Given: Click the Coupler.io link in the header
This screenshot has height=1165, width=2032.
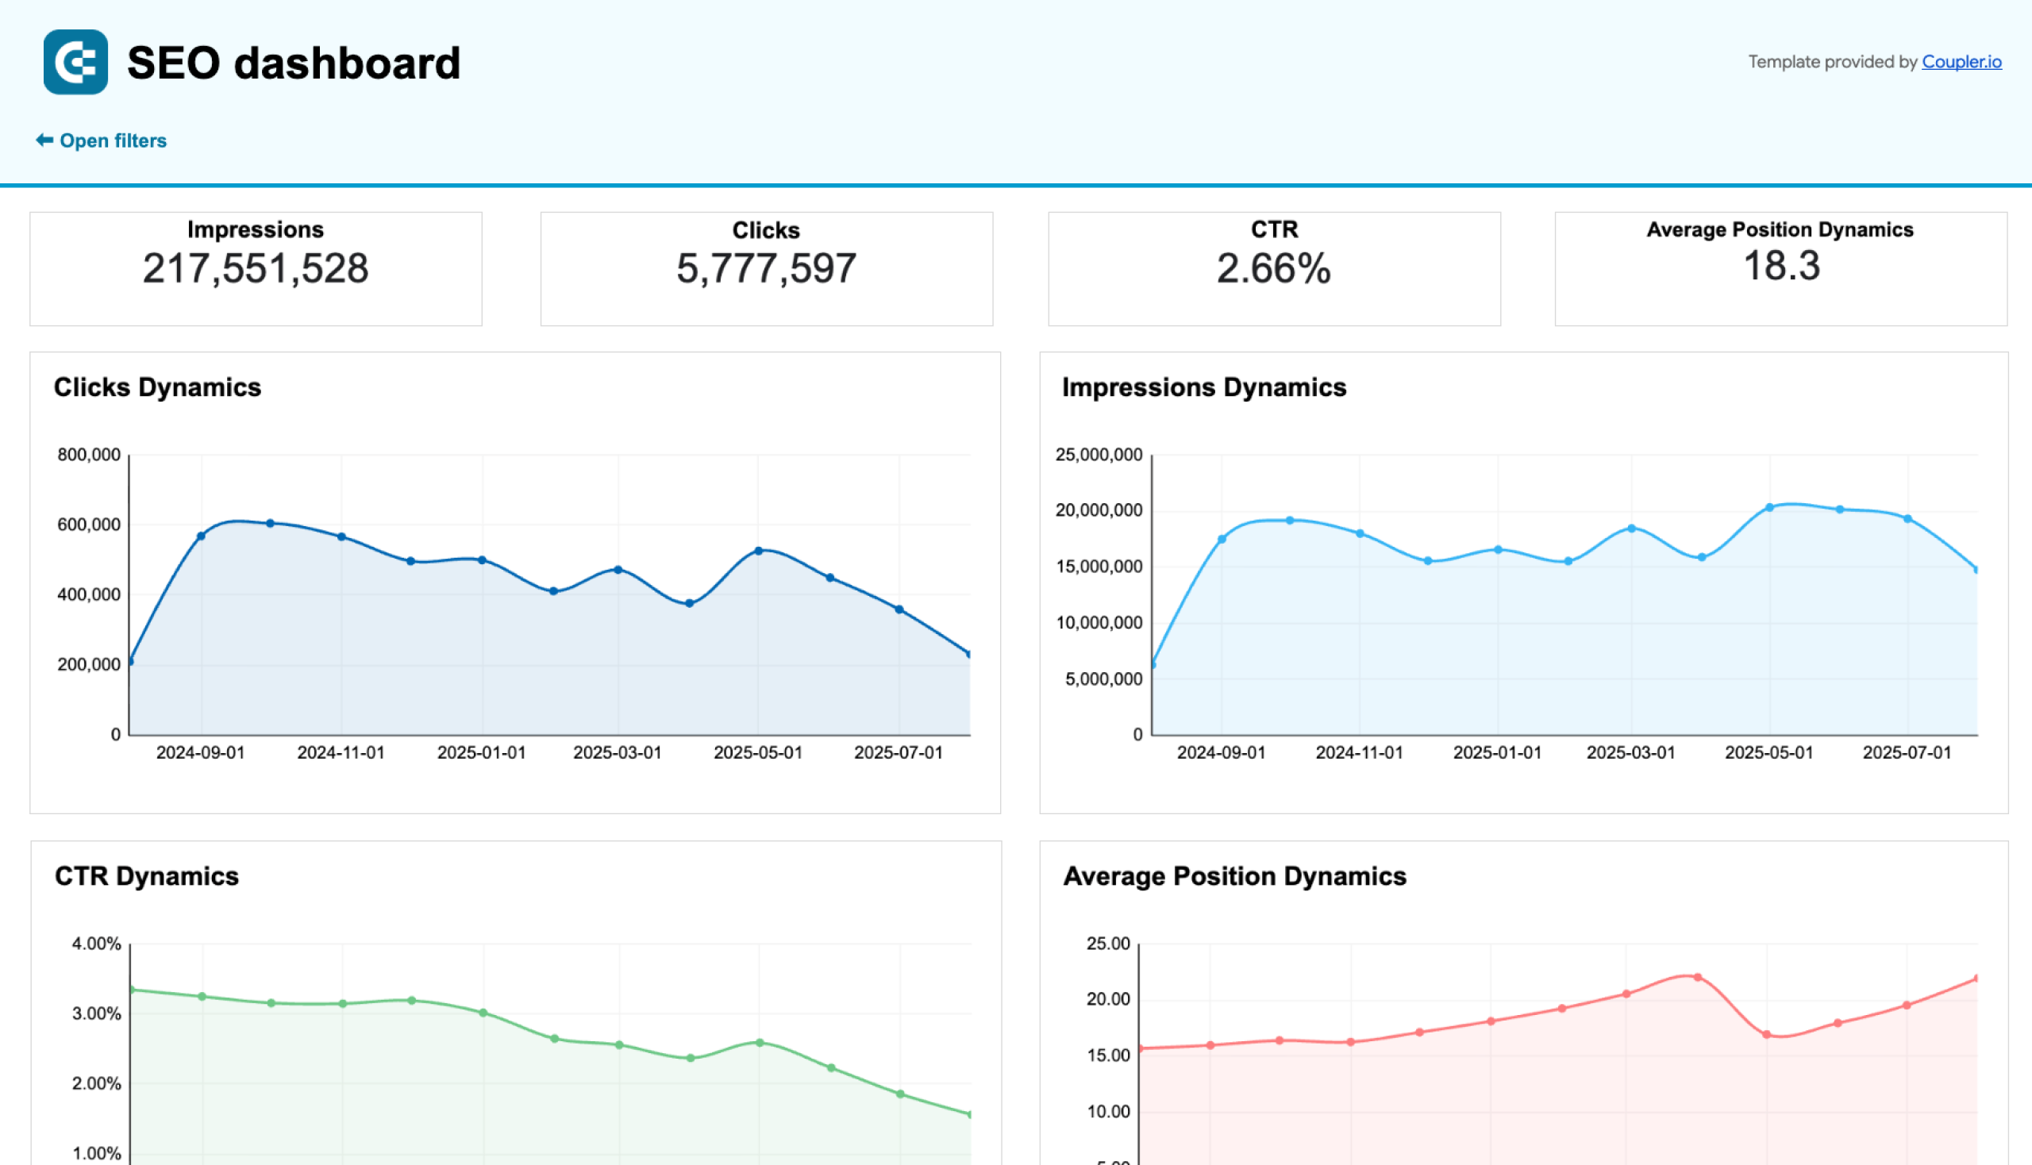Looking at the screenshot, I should click(1961, 62).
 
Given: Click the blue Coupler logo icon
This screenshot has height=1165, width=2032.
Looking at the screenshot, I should click(75, 63).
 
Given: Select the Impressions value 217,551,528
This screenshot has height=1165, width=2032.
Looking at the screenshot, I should click(256, 268).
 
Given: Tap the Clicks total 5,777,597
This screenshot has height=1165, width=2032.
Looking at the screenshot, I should click(766, 268).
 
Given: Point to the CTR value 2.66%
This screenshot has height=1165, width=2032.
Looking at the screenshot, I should click(1273, 268).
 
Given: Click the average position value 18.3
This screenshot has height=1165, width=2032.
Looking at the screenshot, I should click(1780, 266).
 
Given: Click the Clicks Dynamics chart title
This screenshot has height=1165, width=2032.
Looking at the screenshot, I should click(157, 387).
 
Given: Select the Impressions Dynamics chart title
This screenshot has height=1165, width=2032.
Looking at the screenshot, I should click(1203, 387).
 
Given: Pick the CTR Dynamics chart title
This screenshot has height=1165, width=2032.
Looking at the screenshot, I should click(147, 876).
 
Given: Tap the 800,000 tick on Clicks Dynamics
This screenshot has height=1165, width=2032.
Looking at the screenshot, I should click(89, 455).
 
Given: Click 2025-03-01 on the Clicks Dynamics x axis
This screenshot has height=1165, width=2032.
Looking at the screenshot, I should click(617, 753).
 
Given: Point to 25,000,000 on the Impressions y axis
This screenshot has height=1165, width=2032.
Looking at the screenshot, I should click(1098, 455).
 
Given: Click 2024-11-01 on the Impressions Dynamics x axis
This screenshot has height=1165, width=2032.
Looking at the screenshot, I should click(1359, 753).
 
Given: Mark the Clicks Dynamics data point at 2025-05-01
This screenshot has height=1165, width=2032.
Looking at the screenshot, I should click(759, 552).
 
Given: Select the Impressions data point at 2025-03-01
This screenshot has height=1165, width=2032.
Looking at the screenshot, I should click(1631, 529).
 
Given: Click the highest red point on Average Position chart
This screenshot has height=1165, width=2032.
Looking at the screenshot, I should click(1698, 978).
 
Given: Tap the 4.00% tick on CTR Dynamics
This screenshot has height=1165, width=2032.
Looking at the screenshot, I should click(97, 944).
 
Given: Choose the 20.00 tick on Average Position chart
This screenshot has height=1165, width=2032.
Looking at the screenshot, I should click(1107, 999).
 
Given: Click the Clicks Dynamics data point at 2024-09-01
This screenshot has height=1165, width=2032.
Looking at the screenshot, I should click(201, 536).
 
